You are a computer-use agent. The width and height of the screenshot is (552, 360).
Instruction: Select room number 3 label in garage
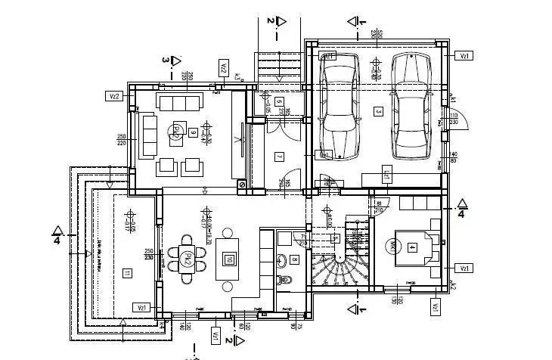coord(378,111)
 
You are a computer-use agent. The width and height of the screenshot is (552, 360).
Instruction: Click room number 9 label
coord(194,134)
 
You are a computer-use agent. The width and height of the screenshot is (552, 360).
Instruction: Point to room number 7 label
coord(278,157)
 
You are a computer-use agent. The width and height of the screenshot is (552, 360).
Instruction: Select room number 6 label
coord(278,101)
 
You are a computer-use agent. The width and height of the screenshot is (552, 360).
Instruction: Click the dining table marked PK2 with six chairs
coord(187,259)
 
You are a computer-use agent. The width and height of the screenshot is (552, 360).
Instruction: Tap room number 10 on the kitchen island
coord(228,260)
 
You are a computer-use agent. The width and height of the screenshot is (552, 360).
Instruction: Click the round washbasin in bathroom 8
coord(279,263)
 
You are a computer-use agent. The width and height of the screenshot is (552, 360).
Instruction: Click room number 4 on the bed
coord(412,247)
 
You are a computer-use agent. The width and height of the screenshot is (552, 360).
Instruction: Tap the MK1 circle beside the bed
coord(392,246)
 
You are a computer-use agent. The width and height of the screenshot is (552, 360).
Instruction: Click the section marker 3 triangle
coord(175,60)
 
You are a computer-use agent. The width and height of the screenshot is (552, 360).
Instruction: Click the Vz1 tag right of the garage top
coord(467,55)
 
